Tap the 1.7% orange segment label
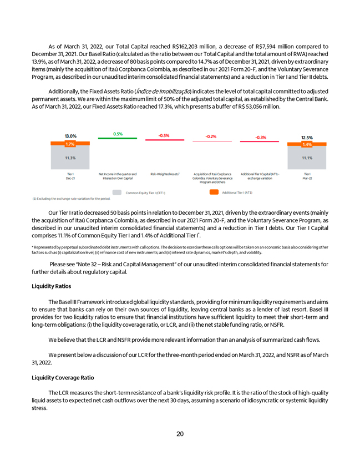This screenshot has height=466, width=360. click(x=70, y=144)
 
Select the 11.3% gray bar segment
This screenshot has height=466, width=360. click(x=70, y=158)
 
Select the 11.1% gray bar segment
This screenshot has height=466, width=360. click(x=307, y=158)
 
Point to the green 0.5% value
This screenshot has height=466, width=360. click(x=118, y=134)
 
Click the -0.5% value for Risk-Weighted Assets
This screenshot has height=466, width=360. click(x=164, y=135)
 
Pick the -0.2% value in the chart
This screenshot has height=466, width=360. click(x=211, y=136)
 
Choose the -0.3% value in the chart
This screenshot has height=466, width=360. click(x=260, y=138)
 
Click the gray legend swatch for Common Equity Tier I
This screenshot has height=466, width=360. click(x=116, y=193)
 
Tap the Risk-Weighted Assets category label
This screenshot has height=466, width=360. click(x=164, y=174)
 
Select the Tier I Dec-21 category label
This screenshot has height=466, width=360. click(x=70, y=176)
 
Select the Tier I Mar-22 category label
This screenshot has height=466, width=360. click(x=307, y=176)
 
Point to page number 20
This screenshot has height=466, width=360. click(x=180, y=434)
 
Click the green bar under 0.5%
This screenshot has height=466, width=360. click(x=117, y=138)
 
